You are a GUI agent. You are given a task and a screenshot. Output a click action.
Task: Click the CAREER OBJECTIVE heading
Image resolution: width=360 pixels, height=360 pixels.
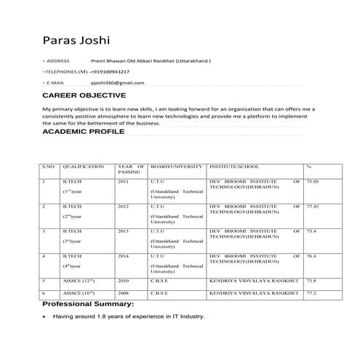(x=84, y=96)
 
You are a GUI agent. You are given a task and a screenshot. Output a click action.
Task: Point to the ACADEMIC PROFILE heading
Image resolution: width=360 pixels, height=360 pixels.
(x=84, y=133)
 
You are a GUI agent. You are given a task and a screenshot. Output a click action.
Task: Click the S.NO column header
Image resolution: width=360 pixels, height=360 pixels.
(x=48, y=167)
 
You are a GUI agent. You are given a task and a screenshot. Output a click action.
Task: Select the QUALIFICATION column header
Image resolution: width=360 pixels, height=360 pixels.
(x=84, y=167)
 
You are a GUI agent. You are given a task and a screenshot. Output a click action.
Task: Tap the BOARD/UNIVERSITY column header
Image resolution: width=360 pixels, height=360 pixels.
(x=175, y=167)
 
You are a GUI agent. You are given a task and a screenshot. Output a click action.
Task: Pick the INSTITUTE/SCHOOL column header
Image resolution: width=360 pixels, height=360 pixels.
(x=233, y=167)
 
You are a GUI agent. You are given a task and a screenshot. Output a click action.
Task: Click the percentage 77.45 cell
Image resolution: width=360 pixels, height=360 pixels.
(x=313, y=207)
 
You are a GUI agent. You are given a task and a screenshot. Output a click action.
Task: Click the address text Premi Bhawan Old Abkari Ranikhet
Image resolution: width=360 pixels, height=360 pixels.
(x=146, y=62)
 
